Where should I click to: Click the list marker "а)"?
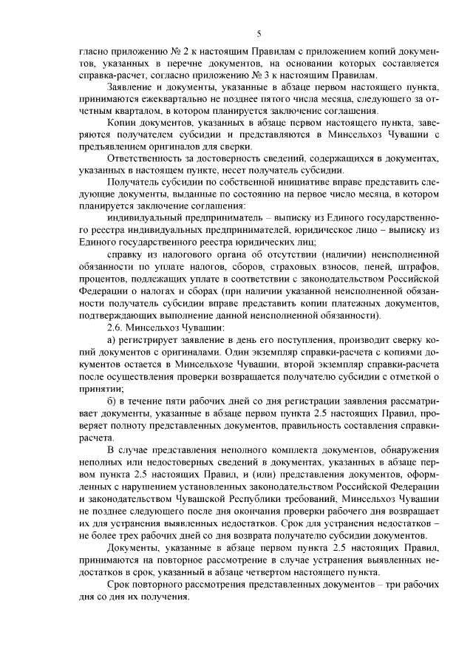click(112, 339)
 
